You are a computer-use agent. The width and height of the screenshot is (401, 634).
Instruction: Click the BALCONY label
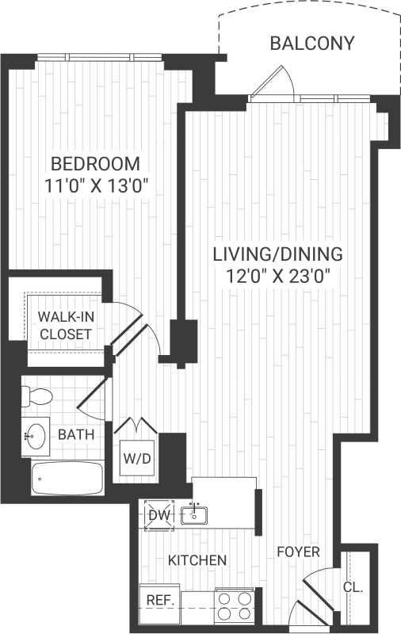tap(312, 43)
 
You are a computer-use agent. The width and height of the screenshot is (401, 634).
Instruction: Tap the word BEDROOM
tap(95, 165)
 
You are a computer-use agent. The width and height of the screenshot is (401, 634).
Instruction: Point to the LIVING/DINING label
tap(277, 255)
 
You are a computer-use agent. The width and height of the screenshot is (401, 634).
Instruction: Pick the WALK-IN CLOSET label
tap(65, 326)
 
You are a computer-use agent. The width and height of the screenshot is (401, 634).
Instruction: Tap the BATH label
tap(76, 434)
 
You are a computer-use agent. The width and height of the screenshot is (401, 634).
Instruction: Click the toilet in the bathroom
tap(38, 395)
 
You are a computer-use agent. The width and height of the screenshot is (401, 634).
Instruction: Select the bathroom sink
tap(35, 434)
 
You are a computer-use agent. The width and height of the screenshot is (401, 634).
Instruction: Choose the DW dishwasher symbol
tap(158, 515)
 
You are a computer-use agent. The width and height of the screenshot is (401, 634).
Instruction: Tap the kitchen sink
tap(193, 515)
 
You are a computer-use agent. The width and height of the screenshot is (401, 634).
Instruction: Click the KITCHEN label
tap(197, 560)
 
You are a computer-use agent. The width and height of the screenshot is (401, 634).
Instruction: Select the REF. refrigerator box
tap(158, 601)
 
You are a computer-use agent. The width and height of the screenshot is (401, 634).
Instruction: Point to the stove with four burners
tap(234, 605)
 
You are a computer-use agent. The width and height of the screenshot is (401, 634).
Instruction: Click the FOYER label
tap(298, 552)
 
